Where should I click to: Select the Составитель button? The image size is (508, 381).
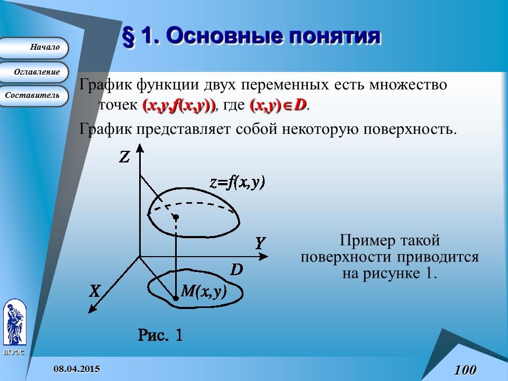[33, 96]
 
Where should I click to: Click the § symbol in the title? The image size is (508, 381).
[128, 37]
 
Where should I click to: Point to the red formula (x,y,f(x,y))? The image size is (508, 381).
[179, 106]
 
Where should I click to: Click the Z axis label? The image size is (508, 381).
[124, 157]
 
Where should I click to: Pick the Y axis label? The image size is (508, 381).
[260, 243]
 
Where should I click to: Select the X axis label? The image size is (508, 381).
[95, 291]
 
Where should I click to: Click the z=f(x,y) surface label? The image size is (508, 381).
[237, 183]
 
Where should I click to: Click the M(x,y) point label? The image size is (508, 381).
[204, 291]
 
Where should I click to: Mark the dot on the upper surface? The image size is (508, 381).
[176, 216]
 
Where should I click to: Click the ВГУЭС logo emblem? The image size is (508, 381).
[14, 323]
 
